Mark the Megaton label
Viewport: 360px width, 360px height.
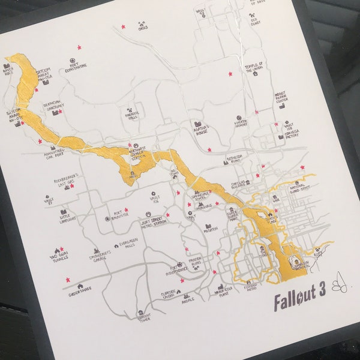point(210,229)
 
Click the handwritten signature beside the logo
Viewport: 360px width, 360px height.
point(335,295)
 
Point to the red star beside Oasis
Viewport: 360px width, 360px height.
point(124,27)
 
